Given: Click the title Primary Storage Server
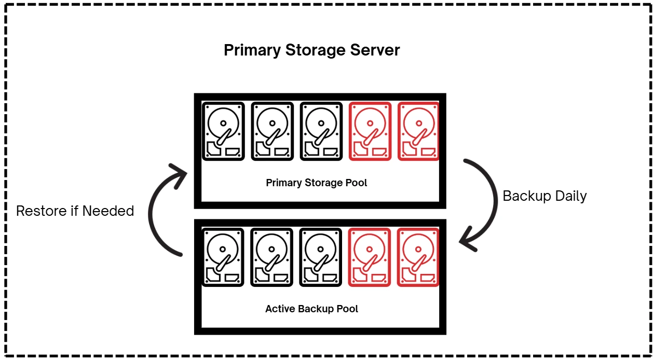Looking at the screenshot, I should [x=311, y=50].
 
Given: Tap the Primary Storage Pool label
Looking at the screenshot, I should [x=316, y=183].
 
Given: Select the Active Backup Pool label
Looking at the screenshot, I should [x=311, y=309].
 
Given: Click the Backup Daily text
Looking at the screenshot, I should [x=545, y=196].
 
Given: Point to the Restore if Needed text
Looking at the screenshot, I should [x=75, y=211].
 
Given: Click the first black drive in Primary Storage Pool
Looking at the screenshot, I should [x=223, y=131].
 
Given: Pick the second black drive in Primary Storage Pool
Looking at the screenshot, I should [x=272, y=131].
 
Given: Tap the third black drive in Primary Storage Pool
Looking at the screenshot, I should [x=321, y=131].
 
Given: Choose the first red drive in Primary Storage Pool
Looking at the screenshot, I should [x=370, y=131].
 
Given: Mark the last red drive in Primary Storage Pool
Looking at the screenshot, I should [x=418, y=131].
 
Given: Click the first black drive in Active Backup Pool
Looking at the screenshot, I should [x=223, y=257].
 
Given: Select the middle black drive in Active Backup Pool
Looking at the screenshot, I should [x=271, y=257].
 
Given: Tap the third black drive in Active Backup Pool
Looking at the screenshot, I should [x=321, y=257].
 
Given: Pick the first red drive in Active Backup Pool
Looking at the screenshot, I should [x=369, y=257].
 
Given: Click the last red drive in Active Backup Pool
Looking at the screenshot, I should [x=418, y=257].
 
